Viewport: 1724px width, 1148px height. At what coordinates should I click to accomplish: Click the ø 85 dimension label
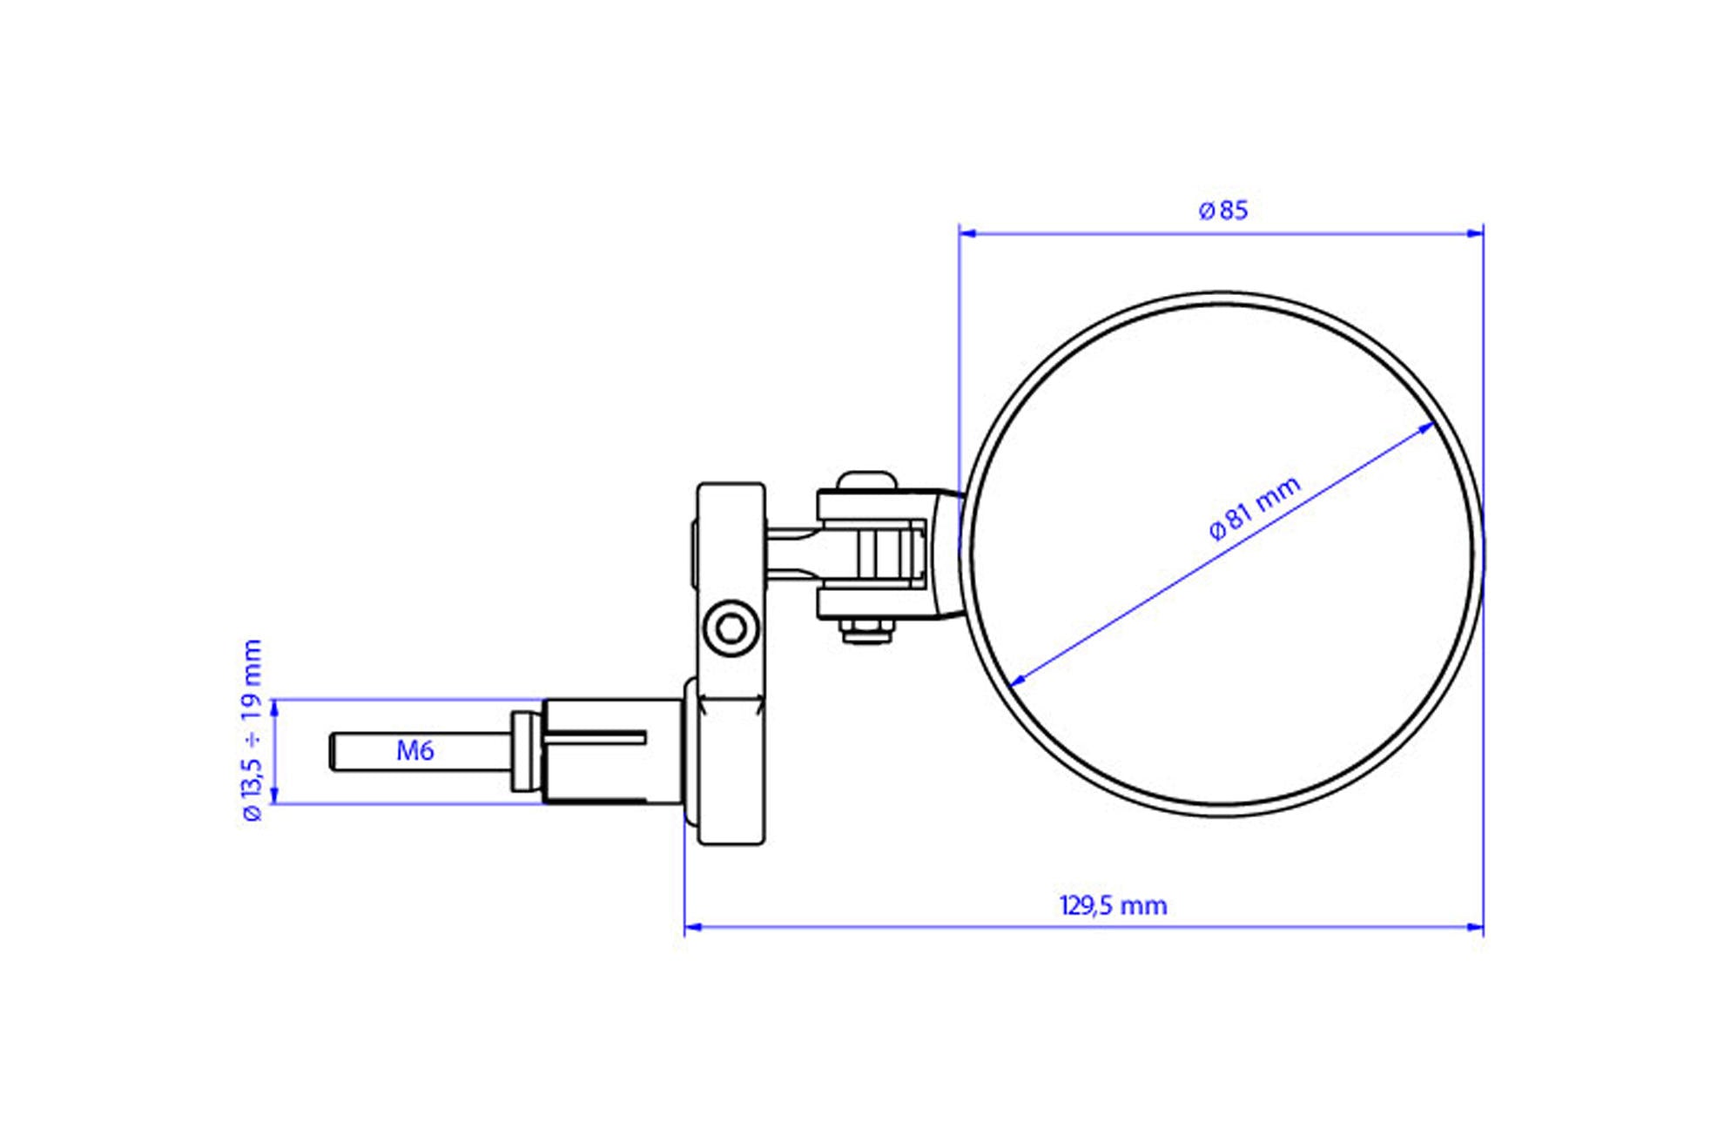tap(1222, 211)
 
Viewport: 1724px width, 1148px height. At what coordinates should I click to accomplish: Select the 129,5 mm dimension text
tap(1113, 906)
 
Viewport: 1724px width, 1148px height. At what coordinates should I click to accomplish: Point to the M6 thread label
tap(414, 750)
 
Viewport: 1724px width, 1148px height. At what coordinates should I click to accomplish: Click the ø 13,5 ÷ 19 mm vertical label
tap(253, 729)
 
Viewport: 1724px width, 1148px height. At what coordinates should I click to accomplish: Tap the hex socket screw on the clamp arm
tap(731, 628)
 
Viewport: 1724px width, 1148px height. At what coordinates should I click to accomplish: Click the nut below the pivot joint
tap(867, 630)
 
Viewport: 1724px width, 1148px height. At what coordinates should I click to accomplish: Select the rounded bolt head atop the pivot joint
tap(865, 481)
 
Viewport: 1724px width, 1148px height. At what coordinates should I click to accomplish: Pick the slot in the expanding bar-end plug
tap(599, 738)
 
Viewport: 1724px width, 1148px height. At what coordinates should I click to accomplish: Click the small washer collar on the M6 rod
tap(523, 751)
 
